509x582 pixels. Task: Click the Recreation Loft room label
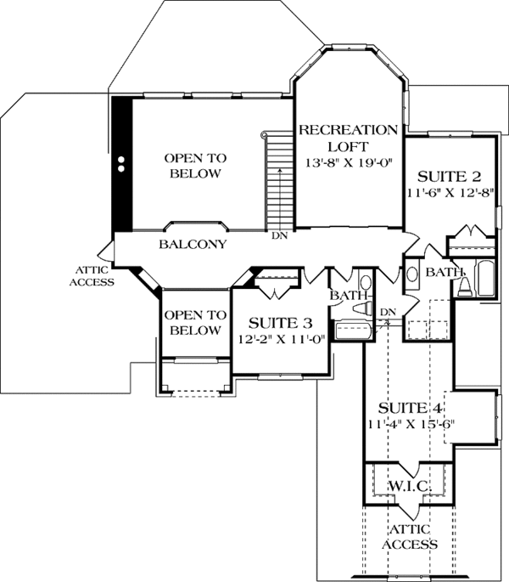pyautogui.click(x=348, y=138)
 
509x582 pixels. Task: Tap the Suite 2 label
pyautogui.click(x=450, y=177)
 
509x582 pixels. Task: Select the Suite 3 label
pyautogui.click(x=280, y=324)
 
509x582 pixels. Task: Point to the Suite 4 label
pyautogui.click(x=410, y=409)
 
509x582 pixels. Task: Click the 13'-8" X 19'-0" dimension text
pyautogui.click(x=349, y=162)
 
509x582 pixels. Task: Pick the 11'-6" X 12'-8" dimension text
pyautogui.click(x=450, y=193)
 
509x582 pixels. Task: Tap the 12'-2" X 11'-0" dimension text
pyautogui.click(x=281, y=339)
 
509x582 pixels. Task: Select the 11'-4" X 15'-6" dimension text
pyautogui.click(x=411, y=424)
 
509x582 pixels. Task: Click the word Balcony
pyautogui.click(x=193, y=244)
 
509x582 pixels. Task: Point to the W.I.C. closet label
pyautogui.click(x=409, y=486)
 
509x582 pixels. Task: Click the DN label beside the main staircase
pyautogui.click(x=279, y=235)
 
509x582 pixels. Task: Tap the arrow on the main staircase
pyautogui.click(x=280, y=200)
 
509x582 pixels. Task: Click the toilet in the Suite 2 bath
pyautogui.click(x=465, y=286)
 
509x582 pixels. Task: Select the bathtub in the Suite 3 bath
pyautogui.click(x=353, y=331)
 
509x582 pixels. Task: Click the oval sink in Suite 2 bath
pyautogui.click(x=411, y=274)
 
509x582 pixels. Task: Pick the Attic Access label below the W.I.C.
pyautogui.click(x=410, y=537)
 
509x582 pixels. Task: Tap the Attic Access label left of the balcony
pyautogui.click(x=92, y=276)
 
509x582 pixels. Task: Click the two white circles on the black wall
pyautogui.click(x=120, y=164)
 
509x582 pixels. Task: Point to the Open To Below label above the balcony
pyautogui.click(x=195, y=166)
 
